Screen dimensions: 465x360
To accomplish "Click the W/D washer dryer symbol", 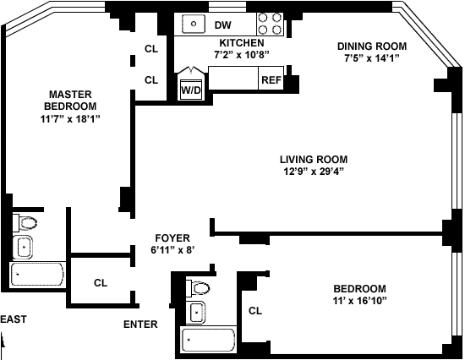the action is coord(191,90).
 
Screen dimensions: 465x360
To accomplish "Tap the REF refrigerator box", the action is coord(271,78).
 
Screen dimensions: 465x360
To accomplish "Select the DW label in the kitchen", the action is coord(222,25).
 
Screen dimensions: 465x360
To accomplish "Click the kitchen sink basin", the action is coord(194,24).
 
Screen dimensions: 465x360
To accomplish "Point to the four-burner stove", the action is coord(270,24).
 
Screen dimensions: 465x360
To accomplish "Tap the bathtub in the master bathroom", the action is coord(37,275).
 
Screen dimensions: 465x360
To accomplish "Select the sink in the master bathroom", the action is coord(23,247).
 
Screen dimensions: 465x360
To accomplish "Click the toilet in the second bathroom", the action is coord(198,288).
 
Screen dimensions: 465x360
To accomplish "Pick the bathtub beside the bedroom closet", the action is coord(209,340).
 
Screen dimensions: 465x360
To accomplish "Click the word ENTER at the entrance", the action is coord(140,325).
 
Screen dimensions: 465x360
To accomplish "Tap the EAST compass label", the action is coord(14,319).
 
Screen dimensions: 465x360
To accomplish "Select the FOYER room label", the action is coord(172,238).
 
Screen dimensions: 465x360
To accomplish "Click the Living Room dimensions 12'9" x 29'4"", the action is coord(314,172).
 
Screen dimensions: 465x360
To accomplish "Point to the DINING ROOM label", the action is coord(372,46).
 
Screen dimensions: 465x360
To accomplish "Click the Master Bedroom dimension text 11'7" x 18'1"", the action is coord(70,118).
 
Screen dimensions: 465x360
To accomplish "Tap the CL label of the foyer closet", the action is coord(101,283).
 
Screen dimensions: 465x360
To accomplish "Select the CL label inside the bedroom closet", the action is coord(255,311).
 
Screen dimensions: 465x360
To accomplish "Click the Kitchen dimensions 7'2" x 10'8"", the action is coord(242,55).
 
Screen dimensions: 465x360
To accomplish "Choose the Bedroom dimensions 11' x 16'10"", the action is coord(359,301).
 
